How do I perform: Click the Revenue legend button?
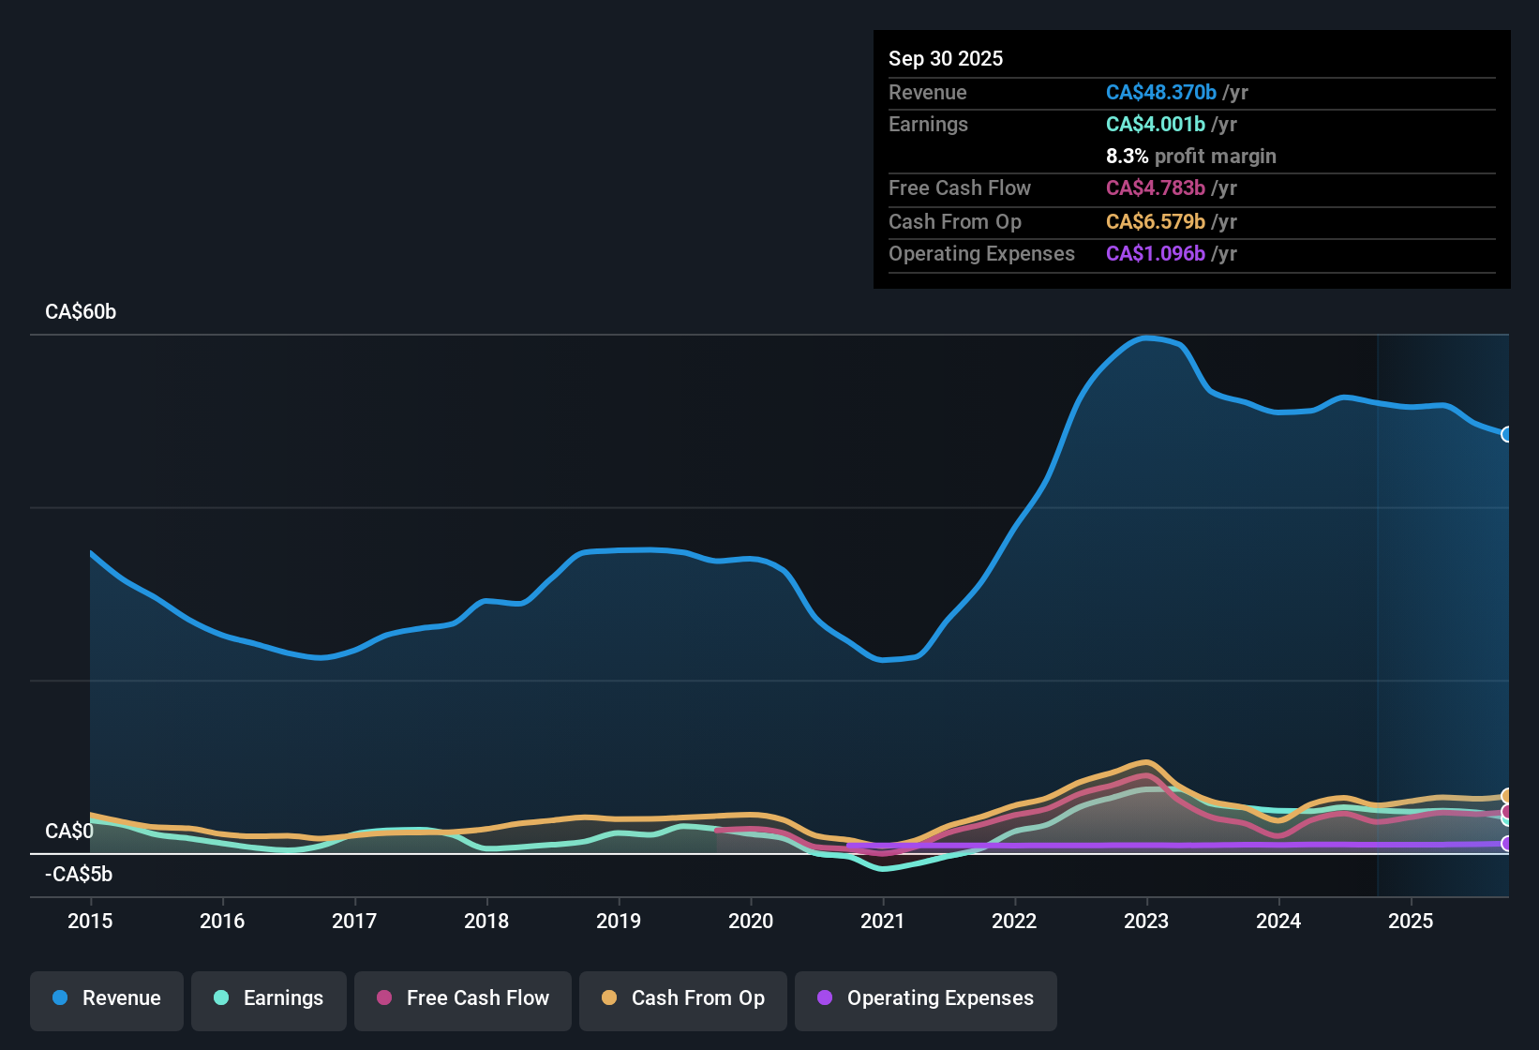(x=107, y=998)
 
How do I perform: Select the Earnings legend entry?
(x=269, y=998)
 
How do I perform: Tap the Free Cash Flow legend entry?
(x=463, y=998)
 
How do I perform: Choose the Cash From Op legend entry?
(x=683, y=998)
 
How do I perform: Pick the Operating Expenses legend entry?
(x=926, y=998)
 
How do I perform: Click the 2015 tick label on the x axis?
(x=90, y=921)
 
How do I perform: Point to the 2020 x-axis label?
(x=751, y=921)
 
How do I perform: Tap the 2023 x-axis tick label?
(x=1146, y=921)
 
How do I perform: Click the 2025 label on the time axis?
(x=1411, y=921)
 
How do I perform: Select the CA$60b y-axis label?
(x=81, y=312)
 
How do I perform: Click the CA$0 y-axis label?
(x=69, y=832)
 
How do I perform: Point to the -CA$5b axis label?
(x=79, y=875)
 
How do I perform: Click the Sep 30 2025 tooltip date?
(x=946, y=59)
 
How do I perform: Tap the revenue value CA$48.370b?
(x=1160, y=93)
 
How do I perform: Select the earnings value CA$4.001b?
(x=1155, y=125)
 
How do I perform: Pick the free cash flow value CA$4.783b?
(x=1155, y=188)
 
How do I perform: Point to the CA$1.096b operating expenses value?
(x=1155, y=254)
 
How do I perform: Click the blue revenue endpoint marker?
(x=1507, y=434)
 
